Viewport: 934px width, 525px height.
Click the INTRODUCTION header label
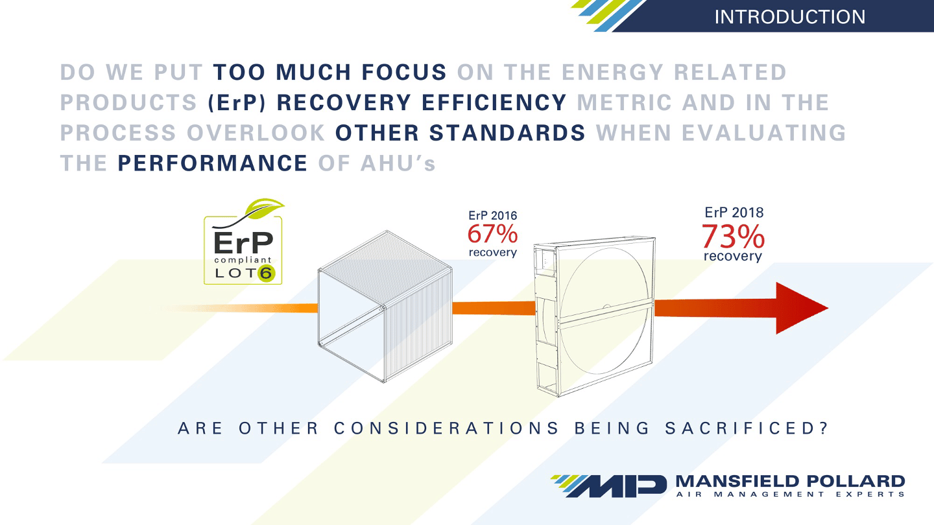pos(789,16)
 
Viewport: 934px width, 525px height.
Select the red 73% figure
pos(733,237)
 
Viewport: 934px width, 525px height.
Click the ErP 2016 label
pos(492,216)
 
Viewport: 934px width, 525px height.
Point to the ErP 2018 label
pos(734,213)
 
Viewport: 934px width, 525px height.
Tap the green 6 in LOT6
pos(265,273)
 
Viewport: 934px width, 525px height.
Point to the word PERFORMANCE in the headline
pos(213,162)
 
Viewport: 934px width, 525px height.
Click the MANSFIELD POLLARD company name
pos(789,481)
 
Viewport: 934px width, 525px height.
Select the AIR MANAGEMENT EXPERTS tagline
pos(789,495)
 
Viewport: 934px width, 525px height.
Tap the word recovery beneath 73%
pos(733,257)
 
